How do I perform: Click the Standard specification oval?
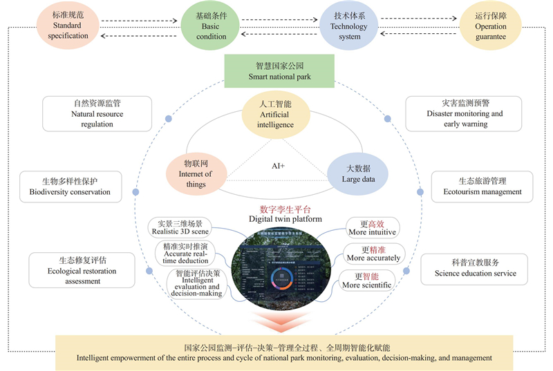(x=68, y=25)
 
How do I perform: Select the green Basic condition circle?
(x=211, y=25)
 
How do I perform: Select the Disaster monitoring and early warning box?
(x=464, y=113)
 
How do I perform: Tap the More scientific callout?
(x=368, y=280)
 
